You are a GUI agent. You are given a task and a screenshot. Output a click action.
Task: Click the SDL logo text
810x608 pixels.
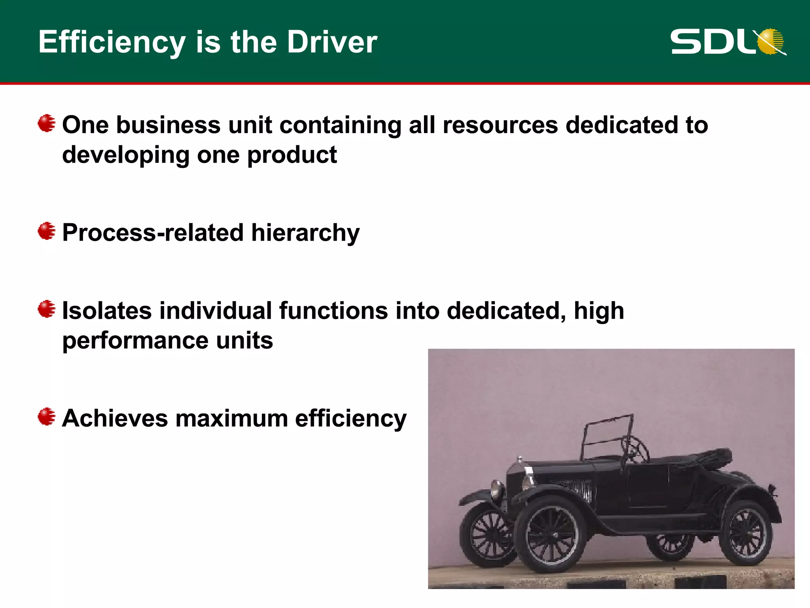712,42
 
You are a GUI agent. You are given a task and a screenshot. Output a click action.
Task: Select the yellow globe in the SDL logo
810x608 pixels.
771,41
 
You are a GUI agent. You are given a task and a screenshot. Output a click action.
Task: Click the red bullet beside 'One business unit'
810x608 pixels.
47,123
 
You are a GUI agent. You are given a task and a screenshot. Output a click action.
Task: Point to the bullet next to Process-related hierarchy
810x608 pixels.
47,231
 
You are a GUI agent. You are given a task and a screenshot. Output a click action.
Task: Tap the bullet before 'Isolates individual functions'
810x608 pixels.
47,309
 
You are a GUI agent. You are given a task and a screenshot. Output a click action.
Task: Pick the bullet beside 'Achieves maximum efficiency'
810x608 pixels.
47,416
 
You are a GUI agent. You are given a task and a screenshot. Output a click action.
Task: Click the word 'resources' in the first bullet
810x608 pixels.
500,125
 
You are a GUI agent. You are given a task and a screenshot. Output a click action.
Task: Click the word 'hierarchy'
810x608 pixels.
305,233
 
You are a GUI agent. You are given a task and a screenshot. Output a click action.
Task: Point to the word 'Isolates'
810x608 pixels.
107,311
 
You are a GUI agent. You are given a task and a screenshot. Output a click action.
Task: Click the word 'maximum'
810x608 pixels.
231,418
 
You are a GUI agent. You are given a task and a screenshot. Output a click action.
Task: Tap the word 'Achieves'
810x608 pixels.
115,418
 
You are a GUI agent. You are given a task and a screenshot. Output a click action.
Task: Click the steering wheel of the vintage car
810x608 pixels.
635,449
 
